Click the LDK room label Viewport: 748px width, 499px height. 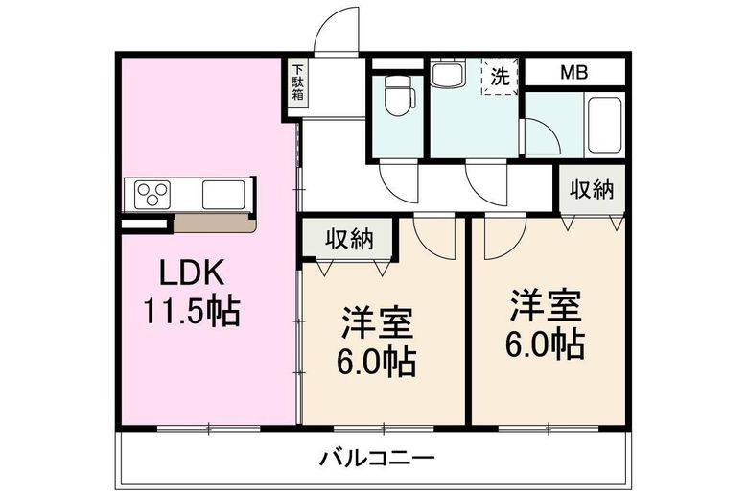click(x=192, y=273)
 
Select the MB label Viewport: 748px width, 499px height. click(x=574, y=73)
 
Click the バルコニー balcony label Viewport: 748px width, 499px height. click(x=378, y=457)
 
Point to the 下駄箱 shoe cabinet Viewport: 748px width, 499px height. click(x=299, y=83)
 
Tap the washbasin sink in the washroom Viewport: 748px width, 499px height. click(x=447, y=72)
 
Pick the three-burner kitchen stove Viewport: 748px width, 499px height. click(x=152, y=196)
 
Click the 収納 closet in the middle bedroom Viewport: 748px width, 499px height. click(x=347, y=240)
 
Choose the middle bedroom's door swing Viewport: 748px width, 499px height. click(x=433, y=238)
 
